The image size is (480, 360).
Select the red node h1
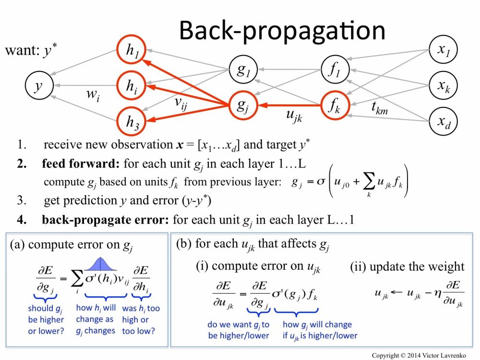pyautogui.click(x=131, y=53)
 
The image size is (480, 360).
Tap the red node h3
pyautogui.click(x=131, y=121)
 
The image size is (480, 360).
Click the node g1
pyautogui.click(x=242, y=70)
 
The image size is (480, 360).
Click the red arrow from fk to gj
pyautogui.click(x=288, y=105)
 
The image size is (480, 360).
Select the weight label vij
pyautogui.click(x=181, y=104)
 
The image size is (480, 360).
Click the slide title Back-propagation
pyautogui.click(x=282, y=30)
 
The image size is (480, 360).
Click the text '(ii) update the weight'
pyautogui.click(x=407, y=266)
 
